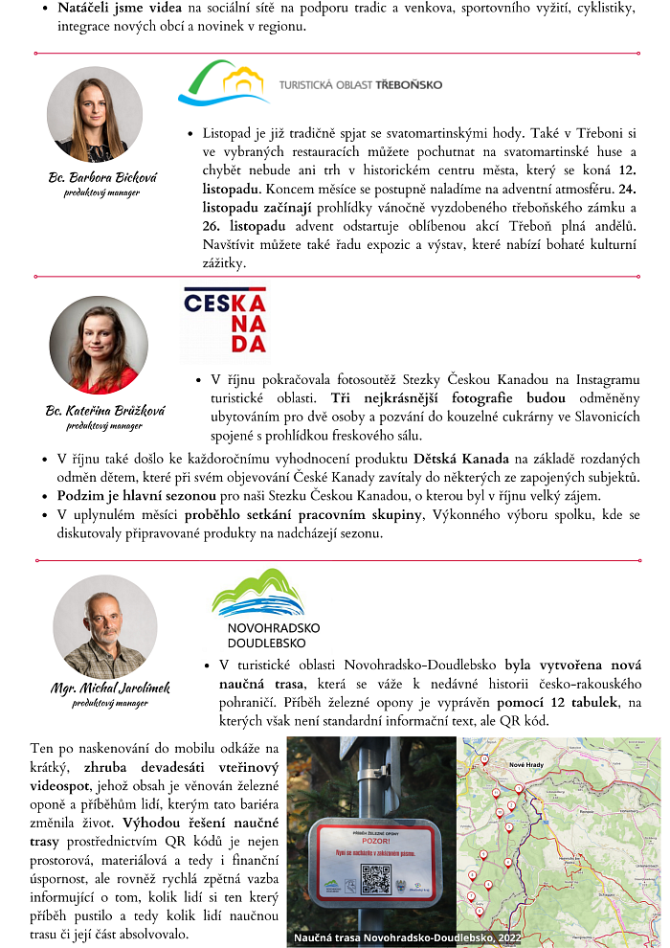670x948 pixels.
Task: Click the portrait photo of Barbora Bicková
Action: coord(87,115)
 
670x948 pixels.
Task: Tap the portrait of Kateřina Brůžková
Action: coord(99,345)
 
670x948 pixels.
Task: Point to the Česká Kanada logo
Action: coord(225,322)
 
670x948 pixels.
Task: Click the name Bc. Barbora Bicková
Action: coord(102,178)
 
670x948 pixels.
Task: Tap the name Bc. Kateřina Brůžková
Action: coord(105,411)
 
